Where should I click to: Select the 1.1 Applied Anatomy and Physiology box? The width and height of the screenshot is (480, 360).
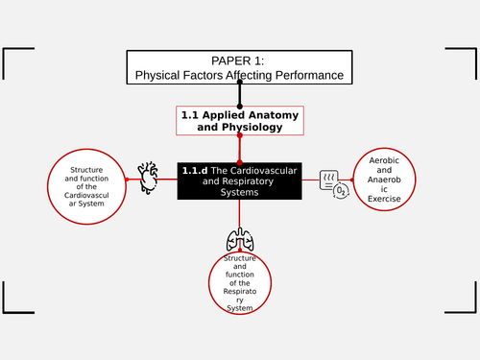(x=239, y=120)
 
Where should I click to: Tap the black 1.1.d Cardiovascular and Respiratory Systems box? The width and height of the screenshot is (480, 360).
(x=239, y=180)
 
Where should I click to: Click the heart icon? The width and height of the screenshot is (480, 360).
(x=148, y=175)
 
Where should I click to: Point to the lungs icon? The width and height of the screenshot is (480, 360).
(x=239, y=240)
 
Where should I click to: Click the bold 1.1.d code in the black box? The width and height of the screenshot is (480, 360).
(x=195, y=171)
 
